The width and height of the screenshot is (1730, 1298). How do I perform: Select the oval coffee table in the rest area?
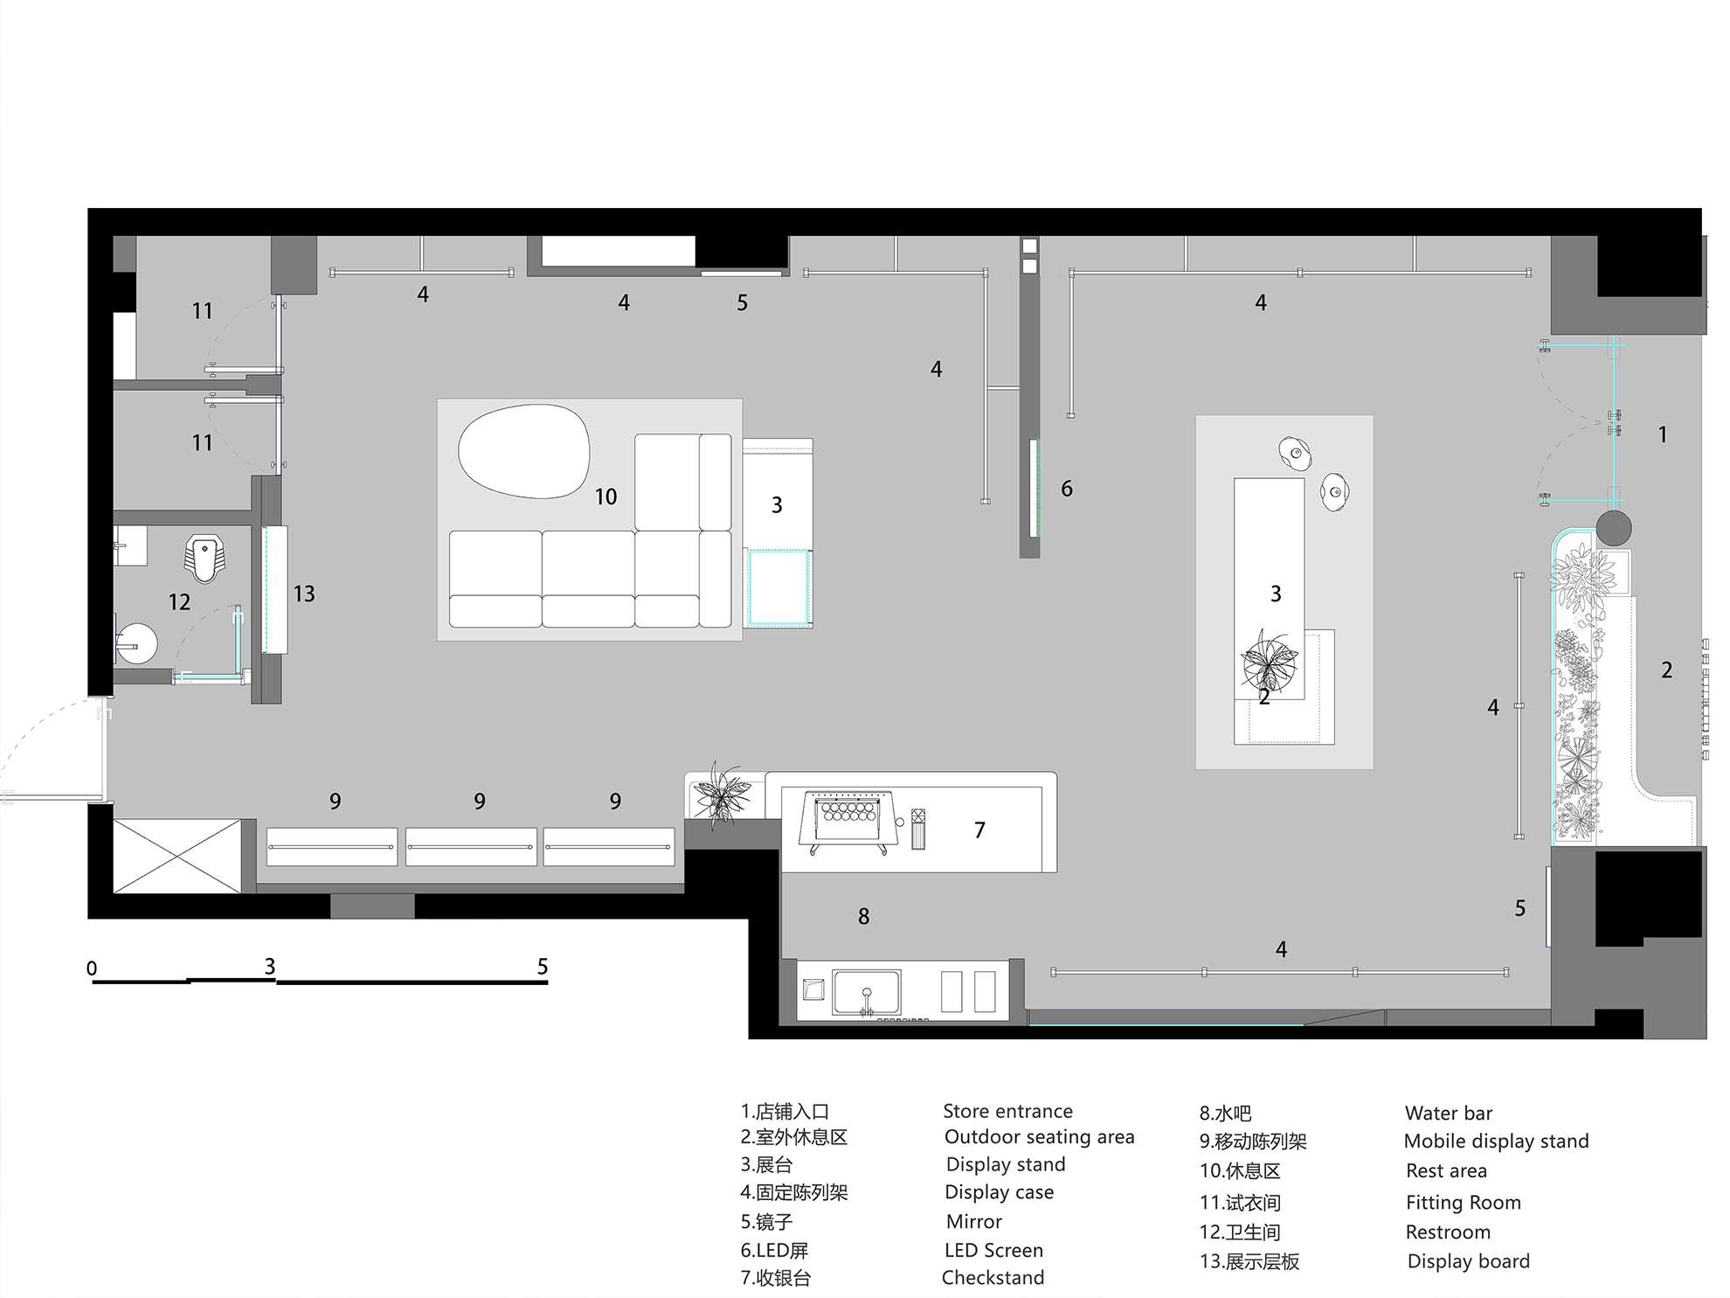tap(523, 451)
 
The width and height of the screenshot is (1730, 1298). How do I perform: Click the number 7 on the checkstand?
tap(979, 829)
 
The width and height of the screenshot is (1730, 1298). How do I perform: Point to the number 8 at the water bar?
tap(863, 916)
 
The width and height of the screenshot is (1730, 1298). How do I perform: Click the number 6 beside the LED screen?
tap(1066, 489)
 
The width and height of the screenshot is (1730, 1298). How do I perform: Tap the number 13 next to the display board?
tap(303, 593)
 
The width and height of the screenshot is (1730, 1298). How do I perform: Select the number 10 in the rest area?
tap(605, 496)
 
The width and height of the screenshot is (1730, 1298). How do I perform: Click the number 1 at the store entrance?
tap(1663, 434)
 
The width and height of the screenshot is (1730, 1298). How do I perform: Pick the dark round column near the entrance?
tap(1614, 528)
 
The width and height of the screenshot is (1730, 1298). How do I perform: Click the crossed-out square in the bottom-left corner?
tap(176, 856)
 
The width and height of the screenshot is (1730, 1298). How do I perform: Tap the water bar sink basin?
tap(866, 992)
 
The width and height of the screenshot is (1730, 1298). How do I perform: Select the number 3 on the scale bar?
tap(270, 966)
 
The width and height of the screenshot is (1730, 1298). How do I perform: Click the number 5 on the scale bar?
tap(543, 966)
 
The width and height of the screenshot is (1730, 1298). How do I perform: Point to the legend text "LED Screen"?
tap(993, 1250)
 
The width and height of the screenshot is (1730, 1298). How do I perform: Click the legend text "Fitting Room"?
tap(1463, 1203)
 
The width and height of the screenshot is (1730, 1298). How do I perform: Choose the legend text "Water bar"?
tap(1448, 1113)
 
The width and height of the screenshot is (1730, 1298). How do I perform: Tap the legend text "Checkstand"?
tap(993, 1277)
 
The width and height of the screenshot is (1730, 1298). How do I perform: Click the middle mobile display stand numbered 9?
tap(471, 847)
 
